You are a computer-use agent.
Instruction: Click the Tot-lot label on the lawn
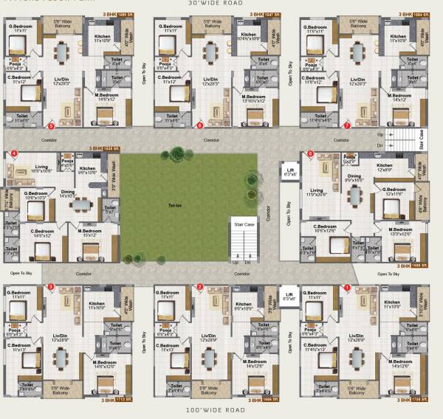(x=175, y=206)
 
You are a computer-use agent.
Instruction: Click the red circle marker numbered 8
(x=310, y=153)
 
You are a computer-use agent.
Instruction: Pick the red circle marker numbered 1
(x=347, y=287)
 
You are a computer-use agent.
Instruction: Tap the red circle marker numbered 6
(x=200, y=125)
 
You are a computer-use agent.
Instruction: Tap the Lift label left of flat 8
(x=290, y=174)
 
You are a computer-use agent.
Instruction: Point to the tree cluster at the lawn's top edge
(x=177, y=154)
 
